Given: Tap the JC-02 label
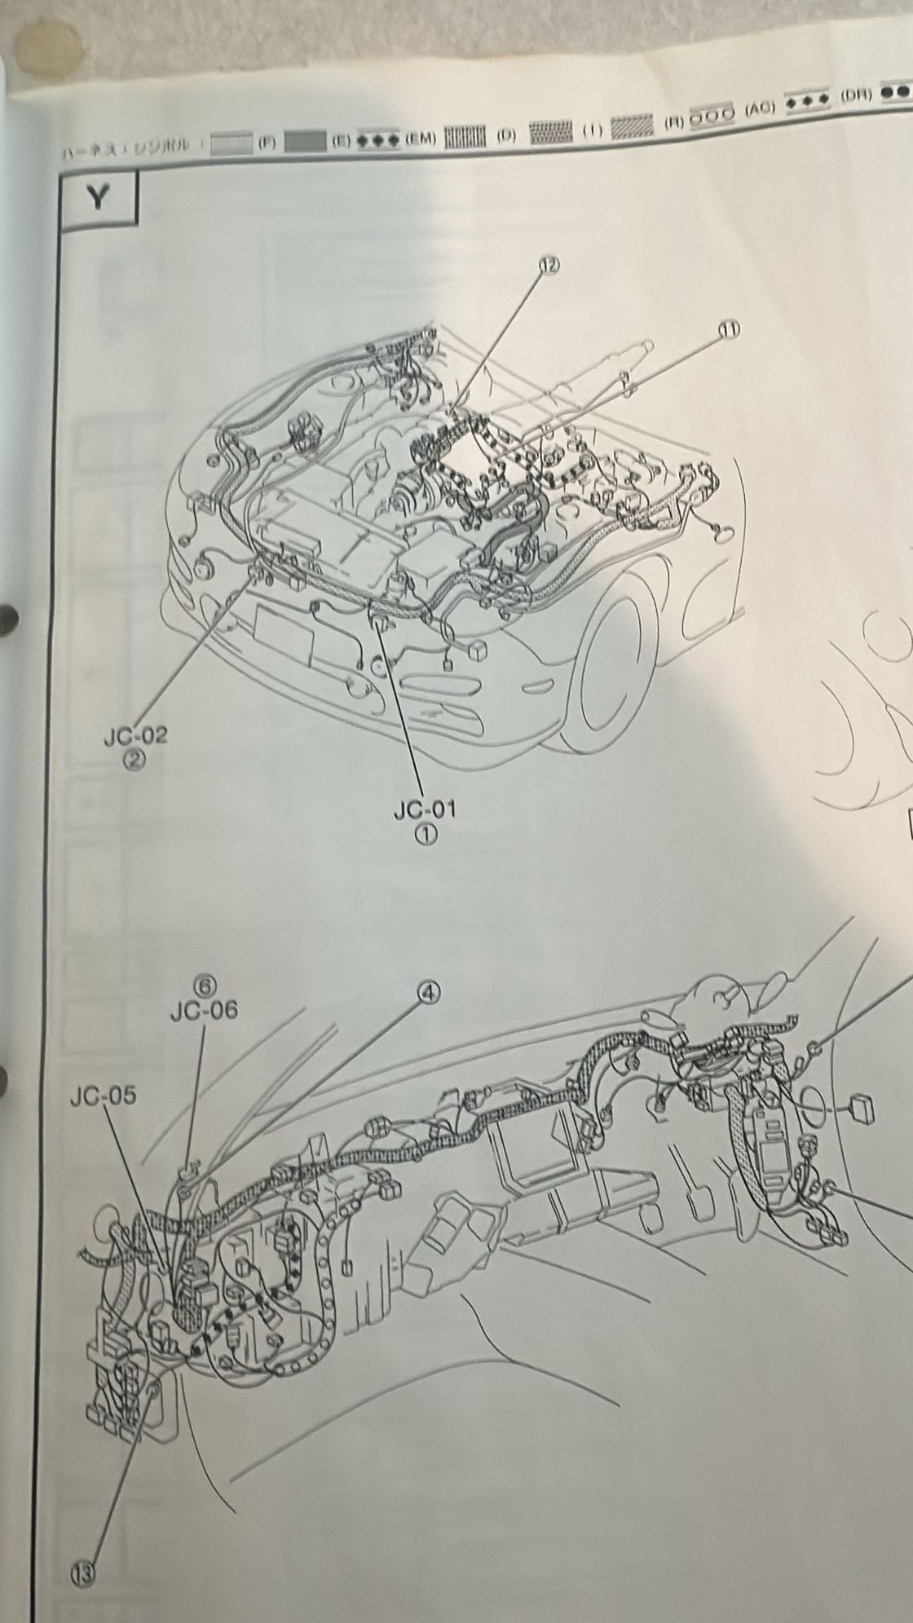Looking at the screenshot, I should coord(135,736).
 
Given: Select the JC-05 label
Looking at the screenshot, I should coord(104,1096).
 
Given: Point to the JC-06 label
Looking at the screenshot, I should coord(205,1011).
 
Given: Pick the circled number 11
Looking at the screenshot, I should coord(728,329).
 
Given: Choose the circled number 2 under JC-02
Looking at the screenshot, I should coord(135,760).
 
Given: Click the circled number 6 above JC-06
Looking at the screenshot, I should coord(207,986).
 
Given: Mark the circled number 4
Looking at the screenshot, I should coord(429,991).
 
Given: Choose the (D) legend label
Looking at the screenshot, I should coord(506,134).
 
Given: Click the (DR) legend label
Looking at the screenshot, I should coord(857,95).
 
